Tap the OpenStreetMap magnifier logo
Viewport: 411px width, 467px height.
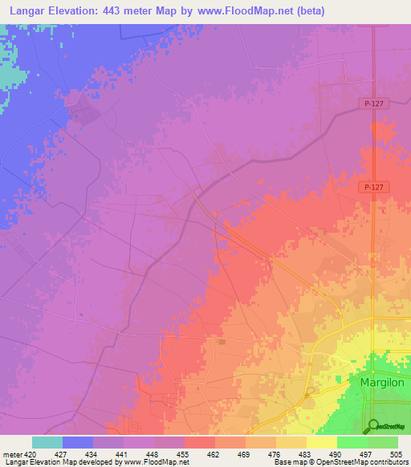coord(372,425)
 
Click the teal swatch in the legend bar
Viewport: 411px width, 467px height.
coord(47,442)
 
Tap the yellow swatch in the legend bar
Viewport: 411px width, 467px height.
coord(322,442)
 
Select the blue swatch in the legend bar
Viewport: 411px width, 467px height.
coord(78,442)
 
